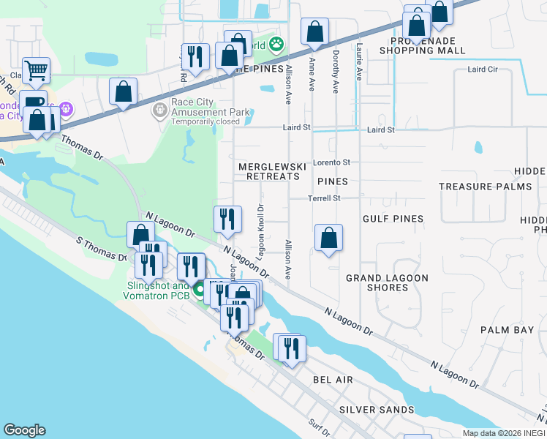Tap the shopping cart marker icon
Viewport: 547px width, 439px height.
coord(36,71)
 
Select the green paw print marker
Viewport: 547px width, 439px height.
coord(276,45)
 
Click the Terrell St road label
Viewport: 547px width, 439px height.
coord(325,198)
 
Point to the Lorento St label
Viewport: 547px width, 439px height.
coord(331,162)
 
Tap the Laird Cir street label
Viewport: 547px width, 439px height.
coord(482,70)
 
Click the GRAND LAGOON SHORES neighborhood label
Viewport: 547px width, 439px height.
coord(387,282)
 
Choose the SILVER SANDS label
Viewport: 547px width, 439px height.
coord(377,410)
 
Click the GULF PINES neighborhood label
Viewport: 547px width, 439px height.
coord(393,219)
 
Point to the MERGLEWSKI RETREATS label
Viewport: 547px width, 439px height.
coord(269,171)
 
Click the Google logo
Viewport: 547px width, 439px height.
coord(24,430)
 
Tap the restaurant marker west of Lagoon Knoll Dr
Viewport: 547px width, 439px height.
coord(227,218)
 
